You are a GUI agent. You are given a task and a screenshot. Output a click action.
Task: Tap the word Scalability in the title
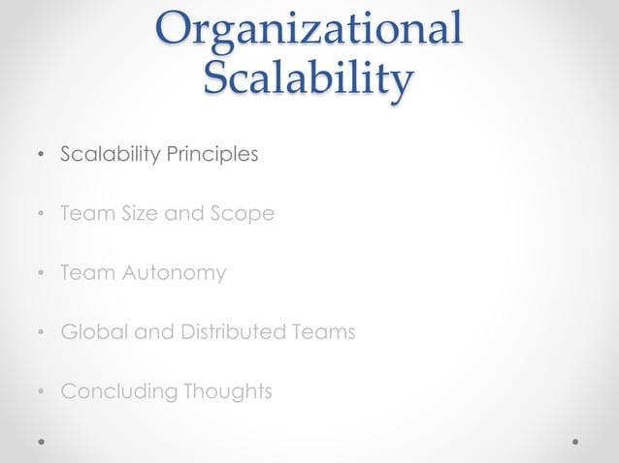click(x=309, y=77)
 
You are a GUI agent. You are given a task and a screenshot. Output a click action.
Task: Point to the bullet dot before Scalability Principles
click(x=40, y=155)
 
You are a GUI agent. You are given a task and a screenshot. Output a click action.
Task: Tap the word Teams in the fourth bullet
click(x=326, y=332)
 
